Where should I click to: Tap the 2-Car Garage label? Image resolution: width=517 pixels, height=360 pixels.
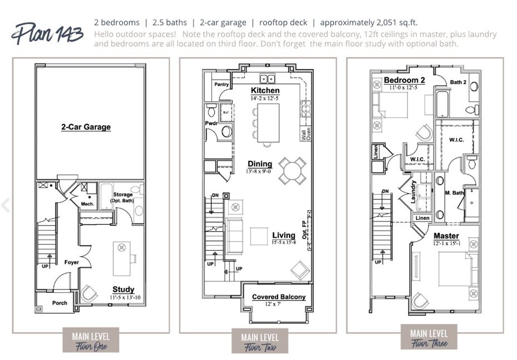click(x=86, y=127)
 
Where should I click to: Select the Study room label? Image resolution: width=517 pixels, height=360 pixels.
click(x=123, y=289)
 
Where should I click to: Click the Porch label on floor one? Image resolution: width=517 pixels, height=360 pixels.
click(x=59, y=303)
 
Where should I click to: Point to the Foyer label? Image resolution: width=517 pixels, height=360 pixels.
click(x=71, y=262)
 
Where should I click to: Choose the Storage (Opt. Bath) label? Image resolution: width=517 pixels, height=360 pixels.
click(x=122, y=197)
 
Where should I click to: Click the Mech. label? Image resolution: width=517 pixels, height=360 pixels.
click(x=88, y=204)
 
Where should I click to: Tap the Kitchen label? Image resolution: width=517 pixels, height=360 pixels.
click(x=265, y=90)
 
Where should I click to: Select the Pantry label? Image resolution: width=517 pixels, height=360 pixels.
click(x=221, y=84)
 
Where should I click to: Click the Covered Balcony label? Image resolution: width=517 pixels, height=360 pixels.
click(x=279, y=297)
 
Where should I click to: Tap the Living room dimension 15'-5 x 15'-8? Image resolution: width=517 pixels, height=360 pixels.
click(x=284, y=242)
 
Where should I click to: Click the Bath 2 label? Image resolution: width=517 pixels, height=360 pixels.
click(x=458, y=82)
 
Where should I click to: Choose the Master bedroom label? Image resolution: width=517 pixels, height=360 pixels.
click(x=446, y=236)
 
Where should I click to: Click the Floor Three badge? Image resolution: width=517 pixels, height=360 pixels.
click(x=429, y=338)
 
